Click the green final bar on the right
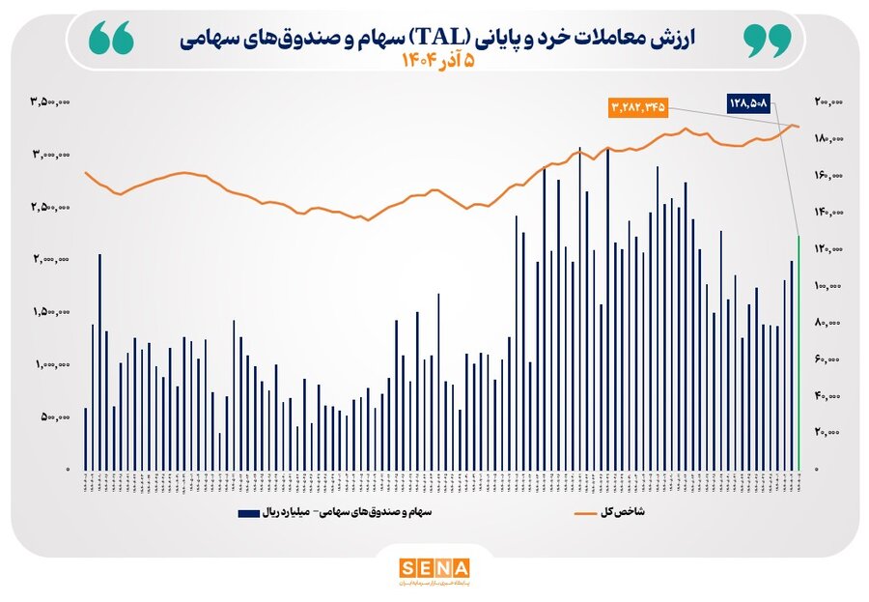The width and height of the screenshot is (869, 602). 799,353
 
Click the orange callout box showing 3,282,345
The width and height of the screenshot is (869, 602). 639,106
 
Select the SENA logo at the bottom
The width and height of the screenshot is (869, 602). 434,567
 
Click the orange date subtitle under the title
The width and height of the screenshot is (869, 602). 439,61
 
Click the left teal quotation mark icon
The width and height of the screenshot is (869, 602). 110,39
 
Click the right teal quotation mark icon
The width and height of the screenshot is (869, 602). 768,39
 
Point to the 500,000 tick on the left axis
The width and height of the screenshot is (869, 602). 55,417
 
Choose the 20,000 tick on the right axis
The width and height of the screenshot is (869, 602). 828,433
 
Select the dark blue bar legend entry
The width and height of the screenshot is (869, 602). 308,512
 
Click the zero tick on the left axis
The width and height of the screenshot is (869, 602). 68,470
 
